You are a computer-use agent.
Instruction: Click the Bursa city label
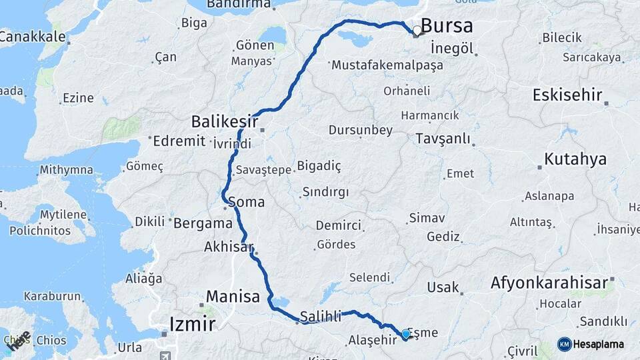coord(447,27)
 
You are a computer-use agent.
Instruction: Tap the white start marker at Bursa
coord(417,31)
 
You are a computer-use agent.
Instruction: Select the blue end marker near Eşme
coord(405,333)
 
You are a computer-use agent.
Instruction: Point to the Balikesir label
coord(225,121)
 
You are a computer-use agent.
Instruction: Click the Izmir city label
coord(193,325)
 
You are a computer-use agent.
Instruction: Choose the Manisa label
coord(233,297)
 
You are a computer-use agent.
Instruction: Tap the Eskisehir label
coord(567,95)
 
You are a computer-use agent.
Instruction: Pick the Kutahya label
coord(575,159)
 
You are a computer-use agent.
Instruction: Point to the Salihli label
coord(321,315)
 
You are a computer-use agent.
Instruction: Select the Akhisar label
coord(229,247)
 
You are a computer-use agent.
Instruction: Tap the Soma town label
coord(246,202)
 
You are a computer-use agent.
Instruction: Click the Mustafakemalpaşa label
coord(387,65)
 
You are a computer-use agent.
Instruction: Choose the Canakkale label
coord(31,37)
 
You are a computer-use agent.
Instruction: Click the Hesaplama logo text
coord(599,345)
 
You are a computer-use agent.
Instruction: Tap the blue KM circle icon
coord(564,345)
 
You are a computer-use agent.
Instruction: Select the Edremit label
coord(179,141)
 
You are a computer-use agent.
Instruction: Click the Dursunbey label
coord(361,130)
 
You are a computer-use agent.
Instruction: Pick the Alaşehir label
coord(373,341)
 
